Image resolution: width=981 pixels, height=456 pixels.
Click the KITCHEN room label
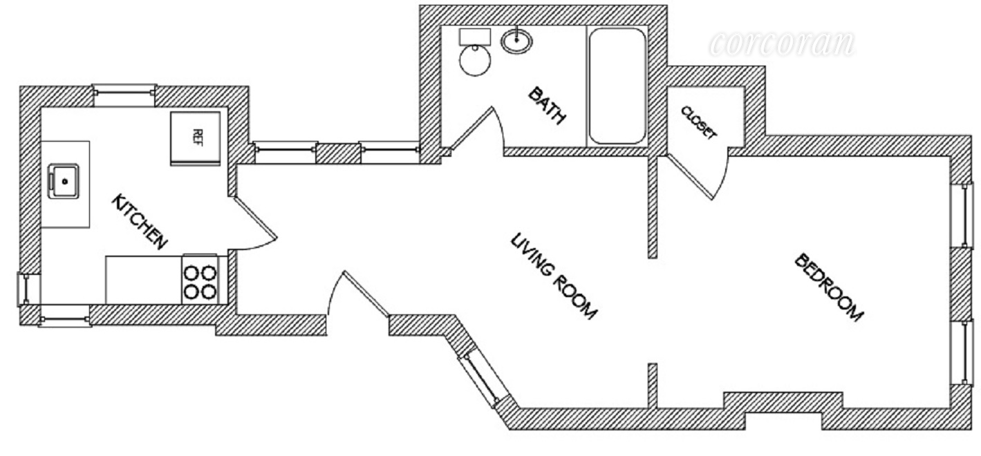[140, 221]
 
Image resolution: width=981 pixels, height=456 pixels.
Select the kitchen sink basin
[64, 182]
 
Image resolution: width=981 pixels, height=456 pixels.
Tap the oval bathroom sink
[516, 41]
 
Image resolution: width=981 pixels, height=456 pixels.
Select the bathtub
[617, 86]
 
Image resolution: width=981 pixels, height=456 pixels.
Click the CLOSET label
[698, 123]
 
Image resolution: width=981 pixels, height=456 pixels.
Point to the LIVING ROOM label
[553, 276]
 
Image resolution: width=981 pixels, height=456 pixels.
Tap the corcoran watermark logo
[781, 43]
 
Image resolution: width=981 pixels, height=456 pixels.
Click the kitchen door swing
[254, 221]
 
